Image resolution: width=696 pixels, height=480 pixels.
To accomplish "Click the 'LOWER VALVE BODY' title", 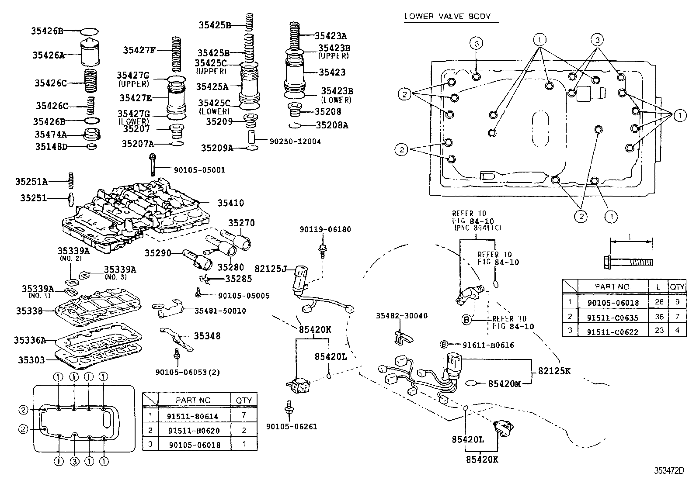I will point(447,17).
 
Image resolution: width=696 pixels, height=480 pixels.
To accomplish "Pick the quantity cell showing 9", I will point(677,302).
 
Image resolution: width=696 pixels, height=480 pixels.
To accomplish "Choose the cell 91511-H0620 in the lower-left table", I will point(193,430).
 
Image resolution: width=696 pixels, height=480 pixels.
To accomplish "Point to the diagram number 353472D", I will point(668,471).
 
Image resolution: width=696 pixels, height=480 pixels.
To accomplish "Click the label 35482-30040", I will point(402,315).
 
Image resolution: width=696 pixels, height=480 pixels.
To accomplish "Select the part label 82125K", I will point(554,371).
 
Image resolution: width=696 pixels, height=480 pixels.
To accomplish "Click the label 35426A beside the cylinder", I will point(48,55).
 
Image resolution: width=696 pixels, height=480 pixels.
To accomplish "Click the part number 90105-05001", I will point(193,170).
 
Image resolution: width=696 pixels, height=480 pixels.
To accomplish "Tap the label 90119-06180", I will point(325,229).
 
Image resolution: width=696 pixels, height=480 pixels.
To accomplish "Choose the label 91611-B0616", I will point(483,345).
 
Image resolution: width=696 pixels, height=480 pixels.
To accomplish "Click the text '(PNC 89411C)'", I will point(477,228).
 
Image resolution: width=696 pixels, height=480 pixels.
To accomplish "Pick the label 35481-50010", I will point(220,311).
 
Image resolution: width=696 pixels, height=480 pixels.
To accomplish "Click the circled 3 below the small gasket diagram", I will point(74,460).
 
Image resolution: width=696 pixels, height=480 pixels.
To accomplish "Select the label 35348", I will point(207,336).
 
